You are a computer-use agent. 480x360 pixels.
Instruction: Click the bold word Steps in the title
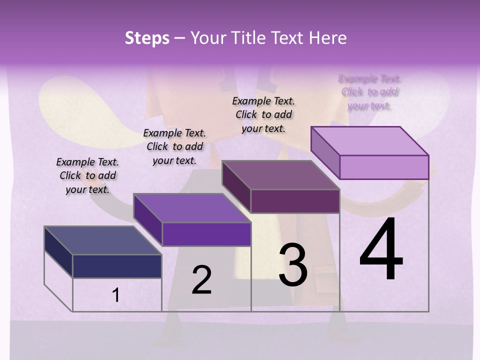click(147, 38)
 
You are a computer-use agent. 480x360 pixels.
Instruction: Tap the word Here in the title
click(327, 38)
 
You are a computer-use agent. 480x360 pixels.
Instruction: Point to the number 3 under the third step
click(293, 265)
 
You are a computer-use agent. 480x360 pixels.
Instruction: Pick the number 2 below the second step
click(201, 280)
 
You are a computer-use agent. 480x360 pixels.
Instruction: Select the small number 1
click(116, 295)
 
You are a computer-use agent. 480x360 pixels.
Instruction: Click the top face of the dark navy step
click(102, 240)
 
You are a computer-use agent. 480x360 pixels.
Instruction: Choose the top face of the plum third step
click(280, 175)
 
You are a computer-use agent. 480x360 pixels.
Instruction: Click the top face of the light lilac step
click(369, 141)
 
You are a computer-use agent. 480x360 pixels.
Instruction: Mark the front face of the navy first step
click(117, 266)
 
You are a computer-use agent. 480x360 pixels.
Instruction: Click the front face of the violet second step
click(206, 234)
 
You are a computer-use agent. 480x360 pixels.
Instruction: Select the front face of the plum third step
click(295, 201)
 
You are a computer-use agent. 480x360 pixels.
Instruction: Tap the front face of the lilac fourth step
click(384, 167)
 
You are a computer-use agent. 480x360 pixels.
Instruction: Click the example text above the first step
click(87, 175)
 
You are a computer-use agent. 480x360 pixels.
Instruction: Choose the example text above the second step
click(174, 146)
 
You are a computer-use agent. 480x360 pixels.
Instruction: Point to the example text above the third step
click(263, 114)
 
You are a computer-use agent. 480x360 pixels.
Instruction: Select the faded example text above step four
click(370, 92)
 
